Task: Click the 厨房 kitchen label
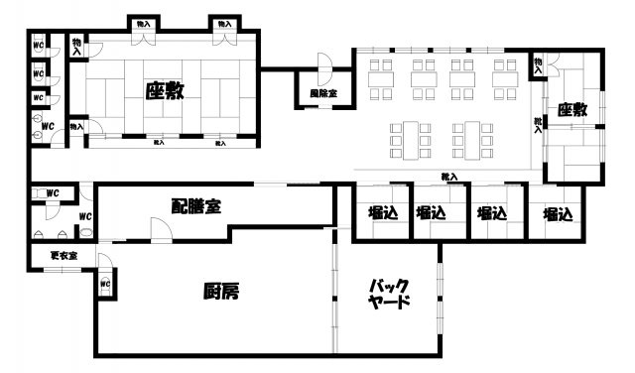221,292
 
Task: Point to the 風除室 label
323,93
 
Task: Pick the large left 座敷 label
165,91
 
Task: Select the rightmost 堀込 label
557,212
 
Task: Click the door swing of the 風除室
323,66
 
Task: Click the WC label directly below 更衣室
105,285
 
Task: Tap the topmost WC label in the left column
38,46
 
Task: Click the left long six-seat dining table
408,138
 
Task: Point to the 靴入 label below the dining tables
449,178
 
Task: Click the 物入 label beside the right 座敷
539,64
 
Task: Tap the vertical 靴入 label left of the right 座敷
539,125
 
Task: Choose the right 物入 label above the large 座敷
223,23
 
